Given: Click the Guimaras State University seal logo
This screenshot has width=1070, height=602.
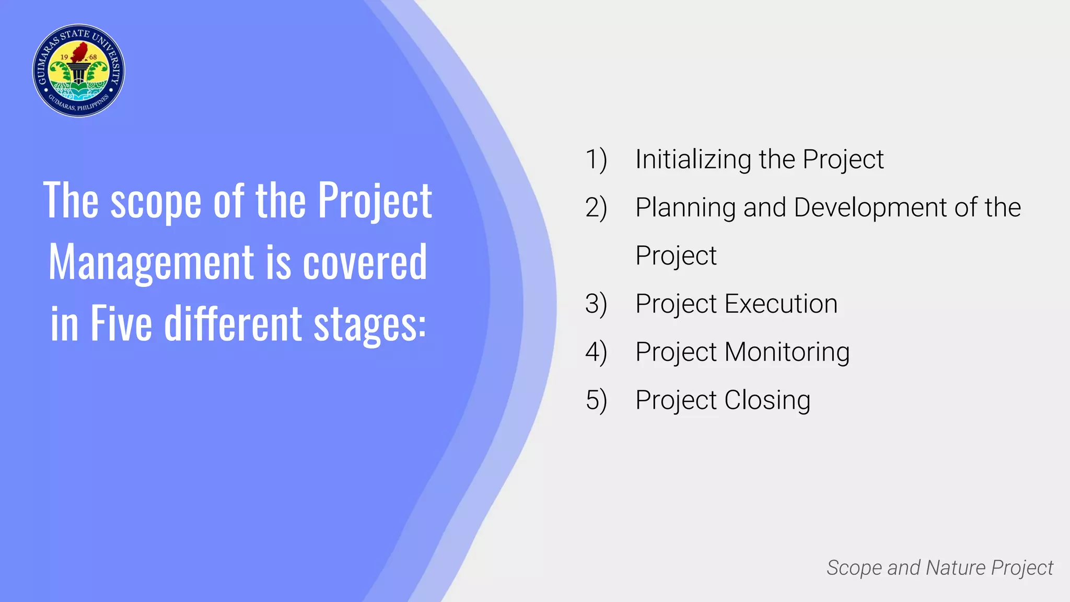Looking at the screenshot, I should [x=78, y=71].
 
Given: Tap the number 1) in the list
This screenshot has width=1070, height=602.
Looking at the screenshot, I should [x=596, y=159].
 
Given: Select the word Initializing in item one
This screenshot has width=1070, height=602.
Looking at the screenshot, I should [x=693, y=159].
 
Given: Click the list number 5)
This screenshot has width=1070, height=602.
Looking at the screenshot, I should [x=596, y=400].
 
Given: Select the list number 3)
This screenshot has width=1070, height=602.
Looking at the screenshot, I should [x=596, y=304].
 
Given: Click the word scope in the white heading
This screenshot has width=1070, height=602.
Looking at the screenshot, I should [x=156, y=201].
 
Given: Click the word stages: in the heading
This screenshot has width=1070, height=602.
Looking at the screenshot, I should [x=370, y=324].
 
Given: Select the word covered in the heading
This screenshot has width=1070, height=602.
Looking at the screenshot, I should [x=365, y=262].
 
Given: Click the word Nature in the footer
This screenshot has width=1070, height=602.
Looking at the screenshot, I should [x=956, y=568].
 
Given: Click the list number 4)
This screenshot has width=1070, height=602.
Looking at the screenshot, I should [x=596, y=352].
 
